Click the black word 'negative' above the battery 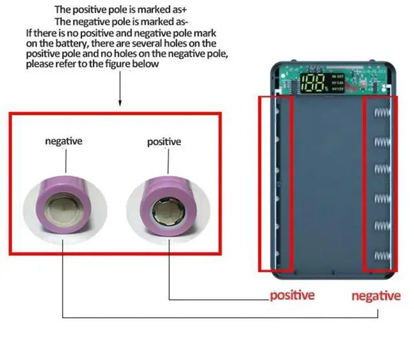tap(63, 140)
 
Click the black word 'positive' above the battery tap(164, 141)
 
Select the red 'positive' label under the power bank tap(292, 295)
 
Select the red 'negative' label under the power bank tap(376, 296)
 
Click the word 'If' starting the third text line tap(28, 32)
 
